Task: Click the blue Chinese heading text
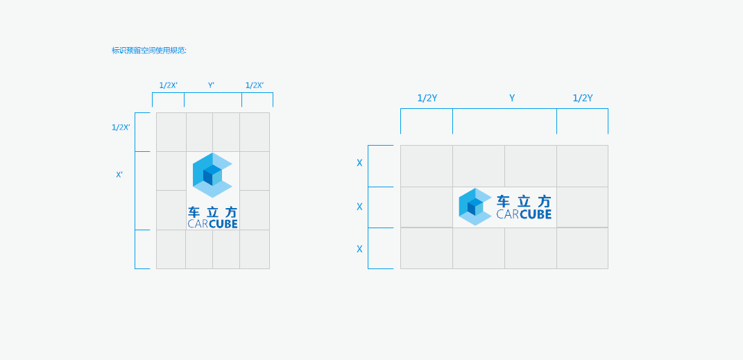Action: [149, 50]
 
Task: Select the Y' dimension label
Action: [212, 85]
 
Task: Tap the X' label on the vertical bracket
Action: [119, 174]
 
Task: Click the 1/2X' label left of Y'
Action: [168, 85]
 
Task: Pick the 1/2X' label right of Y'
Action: [255, 85]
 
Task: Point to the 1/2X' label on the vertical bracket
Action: [121, 127]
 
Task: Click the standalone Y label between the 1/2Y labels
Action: [512, 98]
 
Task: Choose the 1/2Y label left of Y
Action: [427, 98]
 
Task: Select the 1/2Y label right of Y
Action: [583, 98]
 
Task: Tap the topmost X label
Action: [359, 163]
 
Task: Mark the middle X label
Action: [359, 207]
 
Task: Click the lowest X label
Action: [359, 249]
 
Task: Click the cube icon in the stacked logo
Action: [212, 175]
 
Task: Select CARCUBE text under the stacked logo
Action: [213, 223]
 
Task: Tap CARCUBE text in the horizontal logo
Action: [524, 214]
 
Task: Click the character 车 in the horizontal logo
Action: [503, 201]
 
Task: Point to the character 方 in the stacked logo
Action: [231, 212]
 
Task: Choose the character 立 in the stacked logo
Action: [213, 212]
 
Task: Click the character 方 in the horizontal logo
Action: [545, 201]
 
